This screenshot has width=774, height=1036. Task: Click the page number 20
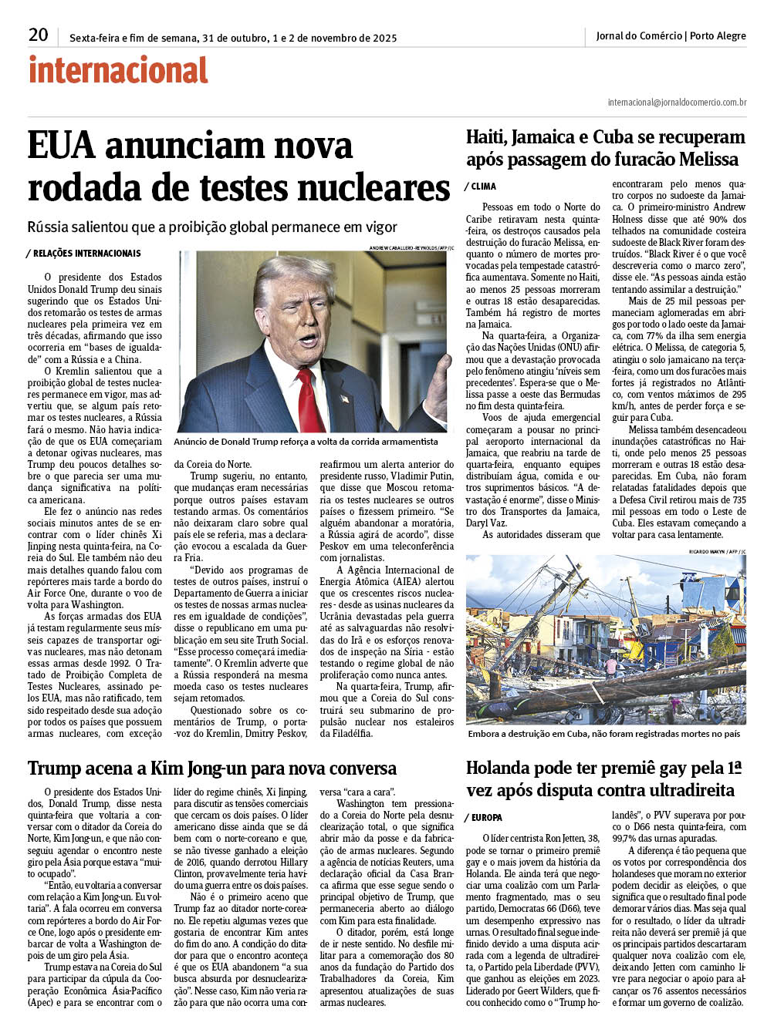pos(38,35)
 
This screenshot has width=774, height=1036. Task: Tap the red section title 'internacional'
pos(118,71)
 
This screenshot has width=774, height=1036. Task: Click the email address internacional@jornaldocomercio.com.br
pos(677,103)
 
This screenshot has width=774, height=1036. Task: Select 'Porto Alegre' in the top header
pos(718,35)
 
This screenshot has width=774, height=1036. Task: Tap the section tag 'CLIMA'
pos(483,187)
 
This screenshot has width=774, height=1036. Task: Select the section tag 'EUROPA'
pos(486,818)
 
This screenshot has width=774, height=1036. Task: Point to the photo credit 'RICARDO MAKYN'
pos(707,552)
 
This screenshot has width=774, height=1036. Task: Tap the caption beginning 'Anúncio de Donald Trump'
pos(306,442)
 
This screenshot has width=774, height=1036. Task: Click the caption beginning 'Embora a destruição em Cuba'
pos(603,734)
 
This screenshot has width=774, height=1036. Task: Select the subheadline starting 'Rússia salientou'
pos(212,227)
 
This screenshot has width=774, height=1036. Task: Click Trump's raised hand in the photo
pos(438,378)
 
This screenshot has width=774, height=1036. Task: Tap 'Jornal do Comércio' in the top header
pos(639,35)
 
